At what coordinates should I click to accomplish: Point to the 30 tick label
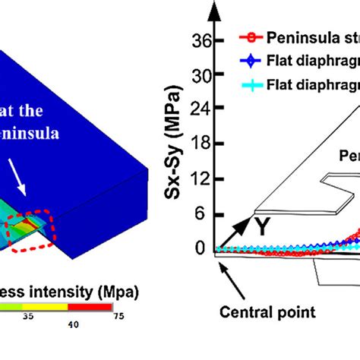201,77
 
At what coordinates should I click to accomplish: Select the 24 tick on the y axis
201,111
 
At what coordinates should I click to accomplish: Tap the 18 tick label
201,145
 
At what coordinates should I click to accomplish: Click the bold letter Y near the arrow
263,226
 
